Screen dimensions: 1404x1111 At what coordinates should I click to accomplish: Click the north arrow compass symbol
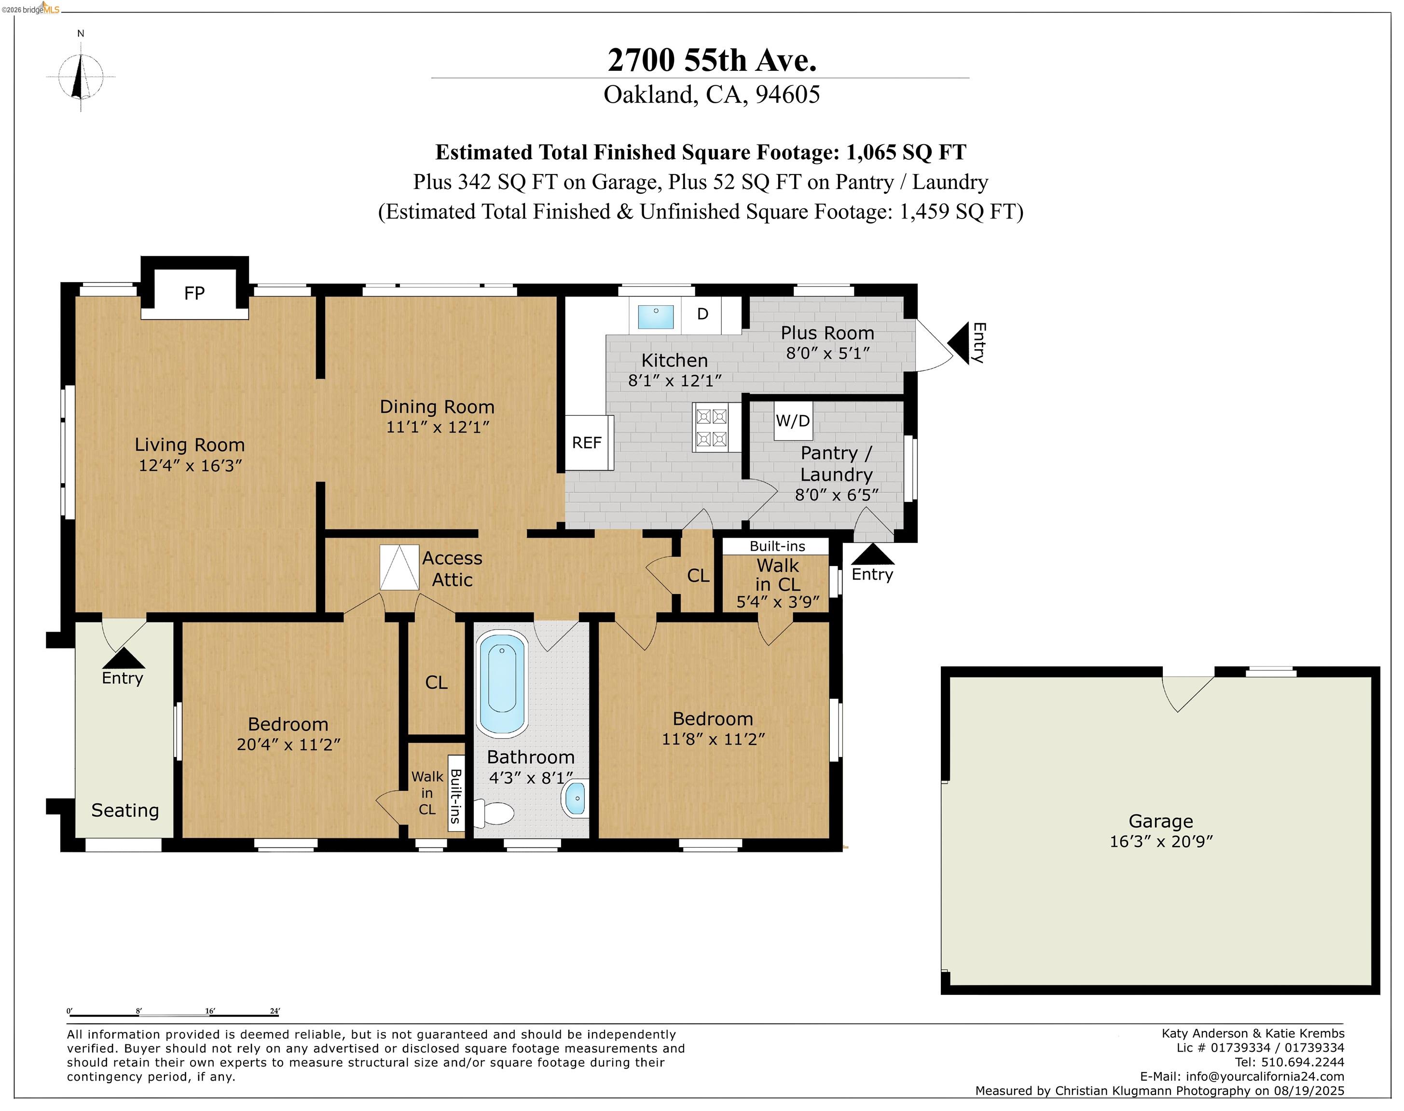[x=81, y=77]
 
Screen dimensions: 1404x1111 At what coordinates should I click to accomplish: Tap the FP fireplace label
[x=194, y=293]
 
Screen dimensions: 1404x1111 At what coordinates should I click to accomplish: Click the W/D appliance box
[x=793, y=421]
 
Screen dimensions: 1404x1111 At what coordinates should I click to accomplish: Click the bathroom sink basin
[x=575, y=798]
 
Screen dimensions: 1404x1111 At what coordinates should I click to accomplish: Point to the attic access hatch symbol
[x=399, y=567]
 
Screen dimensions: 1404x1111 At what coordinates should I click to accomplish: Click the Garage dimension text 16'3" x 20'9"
[x=1161, y=841]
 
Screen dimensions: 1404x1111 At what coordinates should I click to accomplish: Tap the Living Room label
[x=190, y=445]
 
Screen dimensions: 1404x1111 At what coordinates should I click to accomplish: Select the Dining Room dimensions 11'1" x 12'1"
[x=438, y=427]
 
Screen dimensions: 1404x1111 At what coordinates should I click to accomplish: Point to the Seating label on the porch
[x=125, y=811]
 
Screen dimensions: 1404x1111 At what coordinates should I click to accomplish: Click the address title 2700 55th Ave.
[x=712, y=60]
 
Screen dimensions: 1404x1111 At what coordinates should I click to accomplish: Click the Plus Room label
[x=827, y=333]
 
